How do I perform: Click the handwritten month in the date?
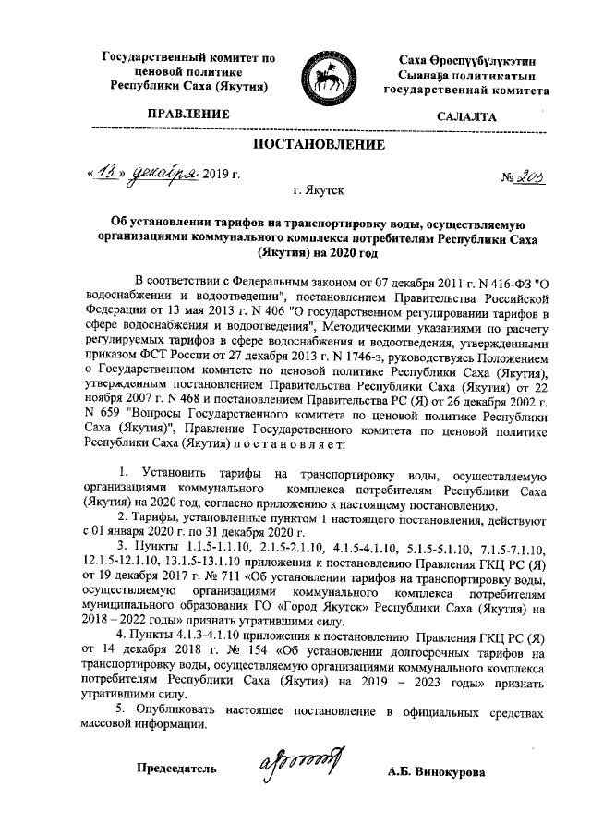click(162, 173)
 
